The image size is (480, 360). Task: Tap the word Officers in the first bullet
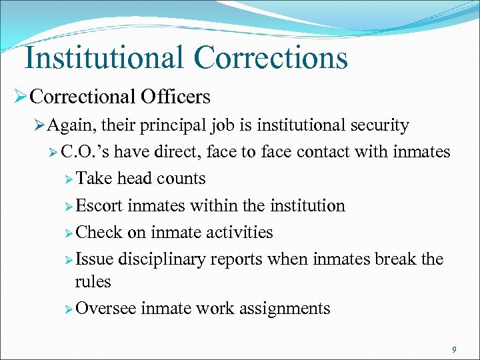[x=176, y=97]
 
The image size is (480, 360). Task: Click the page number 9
[x=453, y=349]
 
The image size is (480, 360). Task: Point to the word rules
[x=93, y=281]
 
